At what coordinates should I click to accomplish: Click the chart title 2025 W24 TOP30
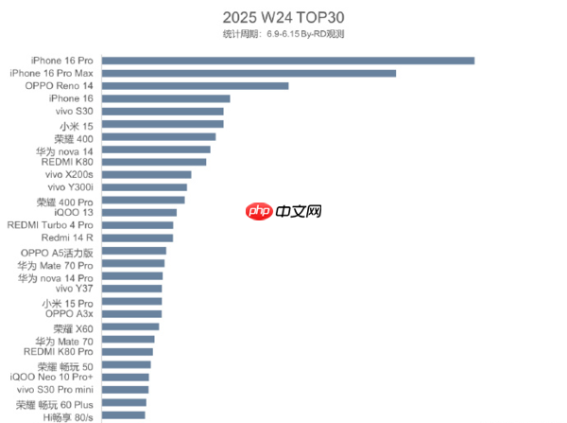pos(283,17)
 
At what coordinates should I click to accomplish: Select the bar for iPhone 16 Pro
pos(287,61)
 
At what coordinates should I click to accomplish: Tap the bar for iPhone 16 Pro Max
pos(248,73)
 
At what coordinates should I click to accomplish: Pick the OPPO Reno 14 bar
pos(194,85)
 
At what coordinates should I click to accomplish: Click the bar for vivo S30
pos(162,112)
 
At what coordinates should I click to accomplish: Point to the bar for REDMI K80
pos(153,162)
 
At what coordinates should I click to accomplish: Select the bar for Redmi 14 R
pos(136,238)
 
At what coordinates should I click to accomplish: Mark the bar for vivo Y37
pos(131,289)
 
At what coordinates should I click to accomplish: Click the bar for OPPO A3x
pos(131,313)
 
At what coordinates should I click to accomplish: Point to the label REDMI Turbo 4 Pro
pos(50,225)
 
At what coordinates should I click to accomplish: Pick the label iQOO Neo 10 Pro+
pos(52,377)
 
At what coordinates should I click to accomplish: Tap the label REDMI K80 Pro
pos(59,351)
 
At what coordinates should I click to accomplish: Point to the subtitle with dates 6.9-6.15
pos(283,34)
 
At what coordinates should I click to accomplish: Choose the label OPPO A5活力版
pos(57,253)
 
